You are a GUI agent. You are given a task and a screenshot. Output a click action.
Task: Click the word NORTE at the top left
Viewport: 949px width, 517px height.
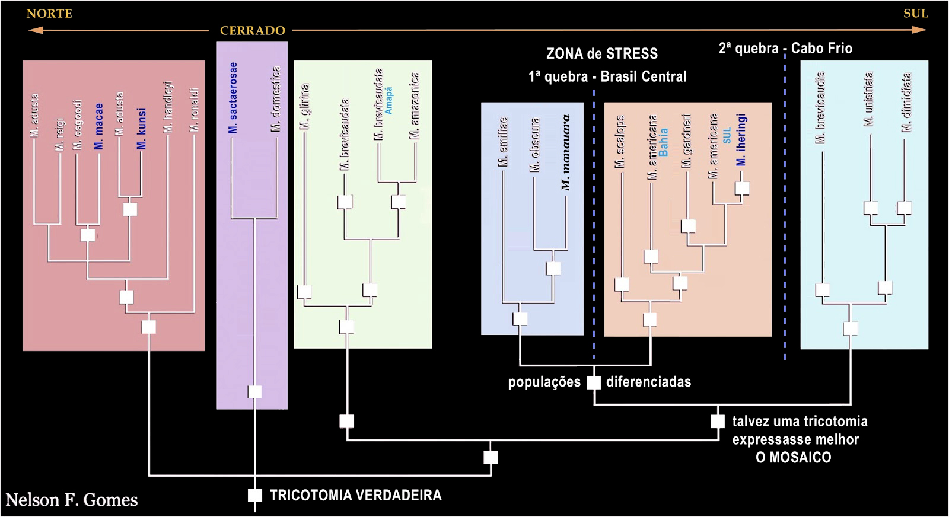(x=49, y=14)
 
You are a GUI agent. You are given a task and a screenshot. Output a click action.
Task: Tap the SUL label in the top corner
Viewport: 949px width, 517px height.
(x=915, y=14)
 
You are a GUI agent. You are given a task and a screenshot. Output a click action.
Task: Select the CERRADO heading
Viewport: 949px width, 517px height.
(x=253, y=31)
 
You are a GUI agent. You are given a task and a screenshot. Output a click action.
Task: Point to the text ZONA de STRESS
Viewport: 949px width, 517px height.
(x=602, y=54)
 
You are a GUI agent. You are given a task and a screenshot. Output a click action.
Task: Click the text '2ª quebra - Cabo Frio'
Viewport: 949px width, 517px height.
(x=785, y=49)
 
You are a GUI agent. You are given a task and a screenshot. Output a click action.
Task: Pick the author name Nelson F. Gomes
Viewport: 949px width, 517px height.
(x=72, y=500)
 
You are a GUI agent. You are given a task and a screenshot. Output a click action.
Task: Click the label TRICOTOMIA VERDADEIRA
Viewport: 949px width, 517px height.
(x=355, y=496)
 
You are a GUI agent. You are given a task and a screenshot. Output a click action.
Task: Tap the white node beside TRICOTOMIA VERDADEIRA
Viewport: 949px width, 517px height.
(x=254, y=495)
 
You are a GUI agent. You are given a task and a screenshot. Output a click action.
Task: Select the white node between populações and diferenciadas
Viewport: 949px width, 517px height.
(x=594, y=382)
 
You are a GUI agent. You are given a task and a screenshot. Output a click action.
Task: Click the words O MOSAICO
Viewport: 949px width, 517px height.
(x=793, y=458)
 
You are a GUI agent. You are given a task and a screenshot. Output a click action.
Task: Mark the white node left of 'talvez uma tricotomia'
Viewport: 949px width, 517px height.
(x=718, y=422)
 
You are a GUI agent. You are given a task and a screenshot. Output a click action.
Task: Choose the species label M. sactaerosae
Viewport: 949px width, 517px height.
(x=233, y=98)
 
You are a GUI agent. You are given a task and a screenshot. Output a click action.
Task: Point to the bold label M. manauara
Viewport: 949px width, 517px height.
(x=566, y=152)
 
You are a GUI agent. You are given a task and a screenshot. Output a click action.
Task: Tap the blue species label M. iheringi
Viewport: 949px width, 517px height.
(x=741, y=141)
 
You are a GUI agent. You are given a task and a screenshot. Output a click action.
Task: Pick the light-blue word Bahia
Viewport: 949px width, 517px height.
(x=663, y=143)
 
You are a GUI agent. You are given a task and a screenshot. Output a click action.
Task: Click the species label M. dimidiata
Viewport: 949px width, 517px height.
(x=907, y=102)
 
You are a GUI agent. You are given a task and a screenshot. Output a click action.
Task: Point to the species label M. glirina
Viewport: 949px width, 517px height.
(x=305, y=107)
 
